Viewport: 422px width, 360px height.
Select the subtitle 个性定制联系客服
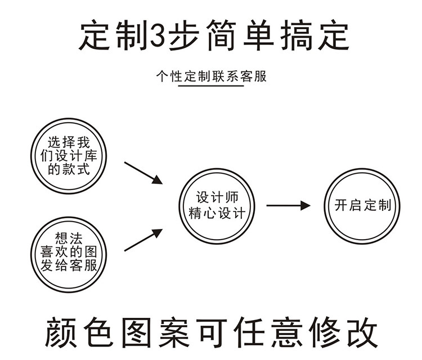coord(211,76)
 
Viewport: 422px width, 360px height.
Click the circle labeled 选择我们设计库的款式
coord(69,156)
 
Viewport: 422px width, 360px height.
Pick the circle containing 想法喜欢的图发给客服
coord(69,253)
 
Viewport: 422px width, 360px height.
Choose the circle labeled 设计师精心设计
coord(217,205)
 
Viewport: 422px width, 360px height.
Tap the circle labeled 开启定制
coord(362,205)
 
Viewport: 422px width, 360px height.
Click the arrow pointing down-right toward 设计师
coord(143,173)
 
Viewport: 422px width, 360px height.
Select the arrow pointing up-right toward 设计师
coord(143,240)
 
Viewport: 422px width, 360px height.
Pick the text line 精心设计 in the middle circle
coord(217,213)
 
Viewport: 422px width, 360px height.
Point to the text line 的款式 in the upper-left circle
coord(69,169)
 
